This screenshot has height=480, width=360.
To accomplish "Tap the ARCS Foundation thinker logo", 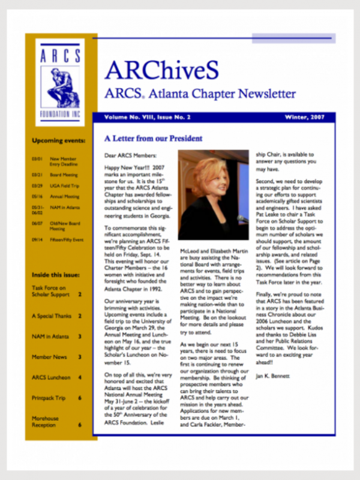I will [x=60, y=81].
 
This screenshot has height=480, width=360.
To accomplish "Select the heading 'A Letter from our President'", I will [x=153, y=139].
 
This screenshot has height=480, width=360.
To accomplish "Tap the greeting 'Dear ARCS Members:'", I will [x=128, y=155].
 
